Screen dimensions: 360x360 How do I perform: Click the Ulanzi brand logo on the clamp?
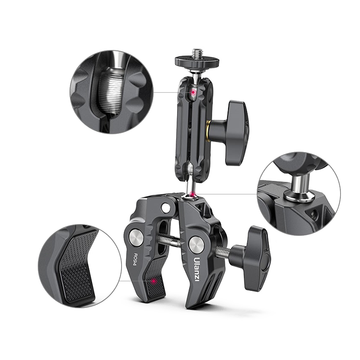pyautogui.click(x=197, y=269)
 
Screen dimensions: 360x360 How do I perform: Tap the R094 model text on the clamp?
pyautogui.click(x=135, y=259)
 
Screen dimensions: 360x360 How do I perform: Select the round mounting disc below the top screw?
pyautogui.click(x=197, y=61)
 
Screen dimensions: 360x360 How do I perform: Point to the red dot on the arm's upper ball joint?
pyautogui.click(x=193, y=92)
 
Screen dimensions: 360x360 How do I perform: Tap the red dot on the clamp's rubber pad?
pyautogui.click(x=154, y=281)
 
